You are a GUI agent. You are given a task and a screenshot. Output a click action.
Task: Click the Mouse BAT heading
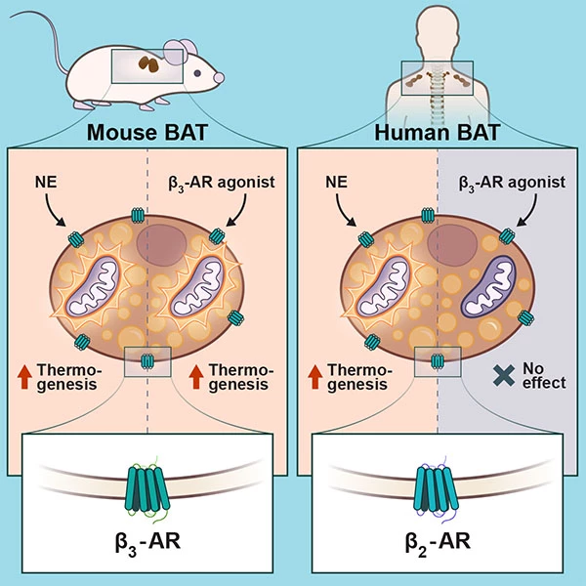tap(146, 134)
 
